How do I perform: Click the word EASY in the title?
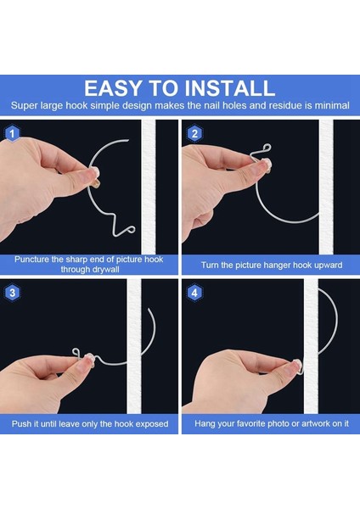coord(114,88)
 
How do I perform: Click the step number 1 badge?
coord(13,133)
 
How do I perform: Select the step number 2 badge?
coord(194,133)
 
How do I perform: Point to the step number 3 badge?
coord(13,293)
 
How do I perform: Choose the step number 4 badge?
coord(194,293)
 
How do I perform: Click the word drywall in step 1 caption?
coord(104,270)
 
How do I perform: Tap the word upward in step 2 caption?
coord(325,266)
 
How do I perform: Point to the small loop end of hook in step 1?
coord(131,229)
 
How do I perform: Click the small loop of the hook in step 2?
coord(267,148)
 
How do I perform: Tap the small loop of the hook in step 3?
coord(76,351)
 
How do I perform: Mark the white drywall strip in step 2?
coord(326,187)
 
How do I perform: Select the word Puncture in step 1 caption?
coord(31,260)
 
